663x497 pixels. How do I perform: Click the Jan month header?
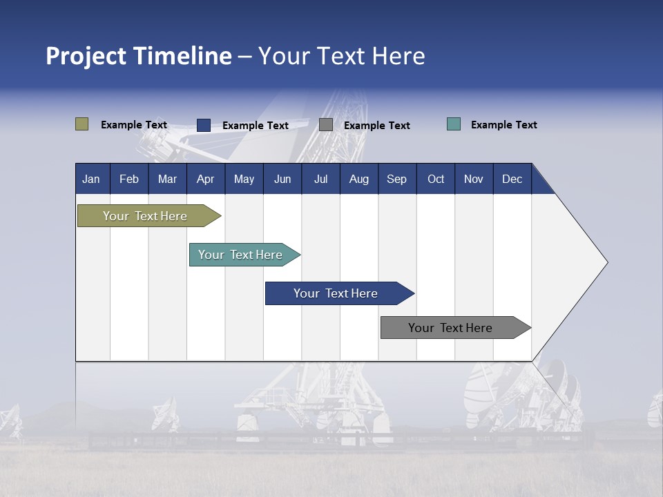click(x=91, y=179)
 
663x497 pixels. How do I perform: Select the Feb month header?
click(x=129, y=179)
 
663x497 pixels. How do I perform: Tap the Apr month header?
click(x=205, y=179)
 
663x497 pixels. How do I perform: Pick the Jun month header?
click(x=282, y=179)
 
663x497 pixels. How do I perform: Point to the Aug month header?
click(x=359, y=179)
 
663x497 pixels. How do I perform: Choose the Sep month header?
click(x=396, y=179)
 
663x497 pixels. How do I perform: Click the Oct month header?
click(x=436, y=179)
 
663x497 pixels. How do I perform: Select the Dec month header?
click(x=512, y=179)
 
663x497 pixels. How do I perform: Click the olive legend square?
click(x=82, y=124)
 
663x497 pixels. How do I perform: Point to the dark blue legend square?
click(x=204, y=125)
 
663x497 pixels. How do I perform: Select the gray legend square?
click(x=326, y=125)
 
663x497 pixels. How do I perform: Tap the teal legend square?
click(x=454, y=124)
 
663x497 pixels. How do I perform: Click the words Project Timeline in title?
click(x=139, y=56)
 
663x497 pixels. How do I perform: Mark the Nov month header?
click(x=474, y=179)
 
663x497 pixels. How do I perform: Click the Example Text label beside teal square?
click(x=503, y=125)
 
